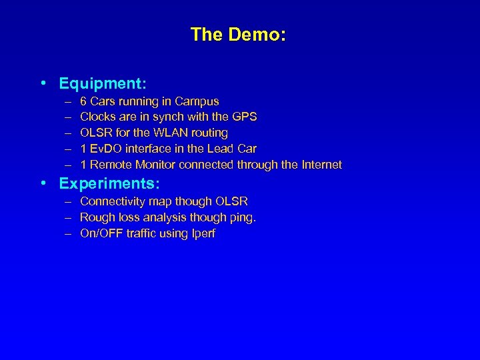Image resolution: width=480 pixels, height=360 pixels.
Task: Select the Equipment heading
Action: [x=103, y=84]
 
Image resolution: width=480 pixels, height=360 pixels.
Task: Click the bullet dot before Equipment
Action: [x=43, y=84]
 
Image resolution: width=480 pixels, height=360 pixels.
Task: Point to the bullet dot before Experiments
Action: [x=43, y=183]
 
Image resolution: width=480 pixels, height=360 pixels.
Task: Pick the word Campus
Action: [x=197, y=101]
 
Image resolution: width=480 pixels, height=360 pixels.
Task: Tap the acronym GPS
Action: [x=244, y=117]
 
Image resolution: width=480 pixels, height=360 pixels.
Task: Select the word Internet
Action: [x=321, y=164]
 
